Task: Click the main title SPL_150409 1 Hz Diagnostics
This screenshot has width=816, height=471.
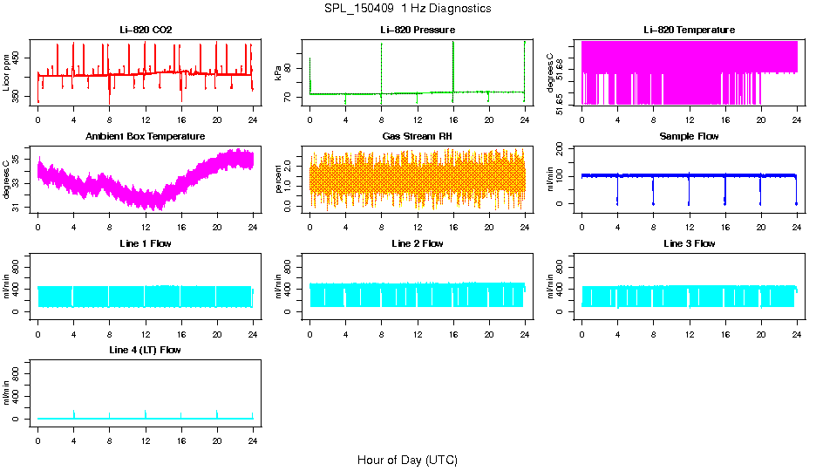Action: tap(406, 9)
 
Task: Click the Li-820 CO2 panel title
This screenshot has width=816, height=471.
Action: tap(146, 30)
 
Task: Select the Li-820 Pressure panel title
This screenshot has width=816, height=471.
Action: tap(417, 30)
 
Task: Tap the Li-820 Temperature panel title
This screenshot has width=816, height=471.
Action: tap(689, 30)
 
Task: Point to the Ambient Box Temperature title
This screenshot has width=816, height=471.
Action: tap(146, 136)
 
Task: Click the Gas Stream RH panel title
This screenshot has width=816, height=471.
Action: tap(417, 136)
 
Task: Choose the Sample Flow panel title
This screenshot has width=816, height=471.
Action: tap(689, 136)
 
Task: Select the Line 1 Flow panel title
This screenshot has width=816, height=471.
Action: tap(146, 243)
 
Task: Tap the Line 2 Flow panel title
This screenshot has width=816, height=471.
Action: tap(417, 243)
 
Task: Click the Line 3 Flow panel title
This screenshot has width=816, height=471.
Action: tap(689, 243)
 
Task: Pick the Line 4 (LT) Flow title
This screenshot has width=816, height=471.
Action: tap(146, 350)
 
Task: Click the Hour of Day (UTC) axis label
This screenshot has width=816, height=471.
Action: tap(407, 460)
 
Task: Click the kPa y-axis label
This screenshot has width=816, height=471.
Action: tap(278, 72)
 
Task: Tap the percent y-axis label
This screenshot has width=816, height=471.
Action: tap(278, 179)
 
